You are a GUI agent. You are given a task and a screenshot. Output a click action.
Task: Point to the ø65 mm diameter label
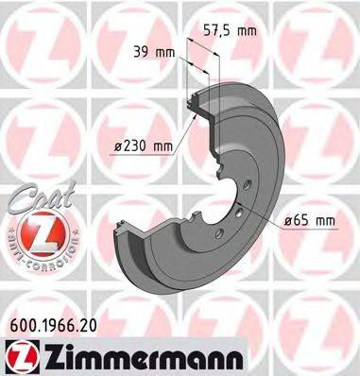click(311, 220)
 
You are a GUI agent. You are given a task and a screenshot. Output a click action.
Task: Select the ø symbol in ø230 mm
click(117, 145)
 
